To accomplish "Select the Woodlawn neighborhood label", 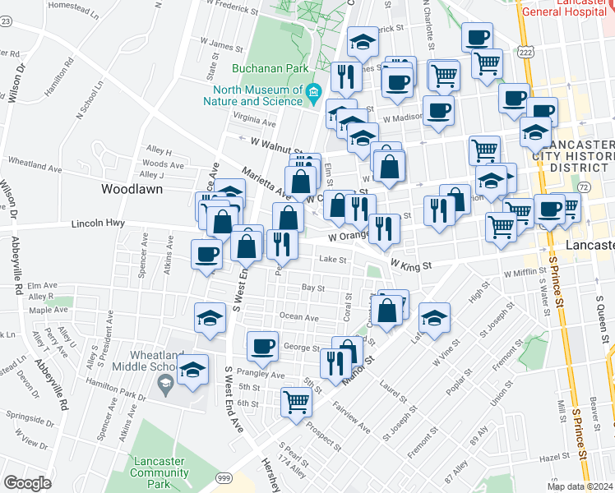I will (131, 188).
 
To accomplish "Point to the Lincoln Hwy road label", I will (99, 223).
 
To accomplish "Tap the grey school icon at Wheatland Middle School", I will (164, 384).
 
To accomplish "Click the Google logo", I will (27, 483).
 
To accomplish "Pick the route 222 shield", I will (527, 51).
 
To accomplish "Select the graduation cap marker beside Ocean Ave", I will (210, 316).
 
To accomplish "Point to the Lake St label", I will (331, 259).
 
